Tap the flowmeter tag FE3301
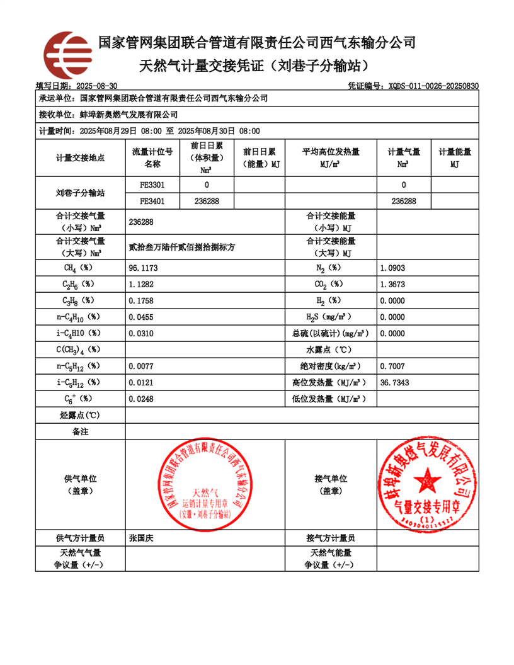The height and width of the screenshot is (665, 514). point(152,185)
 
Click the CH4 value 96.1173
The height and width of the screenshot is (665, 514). point(143,268)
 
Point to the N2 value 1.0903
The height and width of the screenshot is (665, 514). point(393,268)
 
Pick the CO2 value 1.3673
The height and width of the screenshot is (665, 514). point(393,285)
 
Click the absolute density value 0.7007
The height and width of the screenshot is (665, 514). point(393,366)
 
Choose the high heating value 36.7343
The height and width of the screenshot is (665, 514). point(395,382)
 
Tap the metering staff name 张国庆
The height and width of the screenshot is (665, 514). point(141,538)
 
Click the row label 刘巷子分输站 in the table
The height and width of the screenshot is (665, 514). point(80,193)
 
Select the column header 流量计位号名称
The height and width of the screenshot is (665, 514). point(152,158)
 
